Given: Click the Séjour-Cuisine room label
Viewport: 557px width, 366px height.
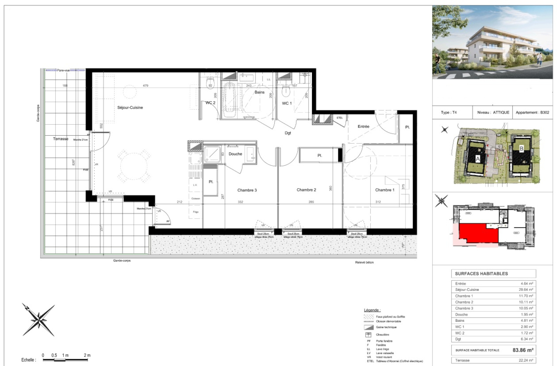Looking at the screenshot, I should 130,108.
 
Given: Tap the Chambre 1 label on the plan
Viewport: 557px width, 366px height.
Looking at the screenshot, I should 385,190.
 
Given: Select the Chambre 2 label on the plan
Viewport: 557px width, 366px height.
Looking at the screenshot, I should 306,190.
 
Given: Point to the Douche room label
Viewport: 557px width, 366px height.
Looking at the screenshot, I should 235,154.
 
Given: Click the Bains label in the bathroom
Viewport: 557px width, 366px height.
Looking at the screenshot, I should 259,92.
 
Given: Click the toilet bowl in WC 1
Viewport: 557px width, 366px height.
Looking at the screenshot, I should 286,91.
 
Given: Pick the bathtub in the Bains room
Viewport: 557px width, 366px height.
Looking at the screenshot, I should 229,100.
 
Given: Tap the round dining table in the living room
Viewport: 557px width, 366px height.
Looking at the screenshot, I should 134,166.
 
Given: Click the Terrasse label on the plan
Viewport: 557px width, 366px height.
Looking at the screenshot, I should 61,139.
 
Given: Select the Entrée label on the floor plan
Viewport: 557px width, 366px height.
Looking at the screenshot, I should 363,126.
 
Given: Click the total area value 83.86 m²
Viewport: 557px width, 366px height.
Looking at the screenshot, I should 523,350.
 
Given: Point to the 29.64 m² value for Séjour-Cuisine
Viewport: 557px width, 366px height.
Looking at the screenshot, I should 526,289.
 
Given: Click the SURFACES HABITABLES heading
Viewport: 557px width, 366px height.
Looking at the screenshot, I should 481,274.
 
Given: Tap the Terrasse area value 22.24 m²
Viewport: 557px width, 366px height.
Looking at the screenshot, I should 526,360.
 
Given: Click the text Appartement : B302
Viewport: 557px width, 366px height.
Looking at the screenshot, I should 532,112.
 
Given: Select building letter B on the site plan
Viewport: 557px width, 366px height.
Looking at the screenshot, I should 521,149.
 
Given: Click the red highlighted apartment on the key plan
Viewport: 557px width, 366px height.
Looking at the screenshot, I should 479,232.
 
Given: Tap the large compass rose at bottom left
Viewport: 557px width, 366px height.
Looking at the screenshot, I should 39,319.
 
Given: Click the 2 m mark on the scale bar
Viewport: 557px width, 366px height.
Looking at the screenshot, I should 87,355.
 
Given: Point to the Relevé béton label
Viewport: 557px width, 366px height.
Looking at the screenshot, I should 364,262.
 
